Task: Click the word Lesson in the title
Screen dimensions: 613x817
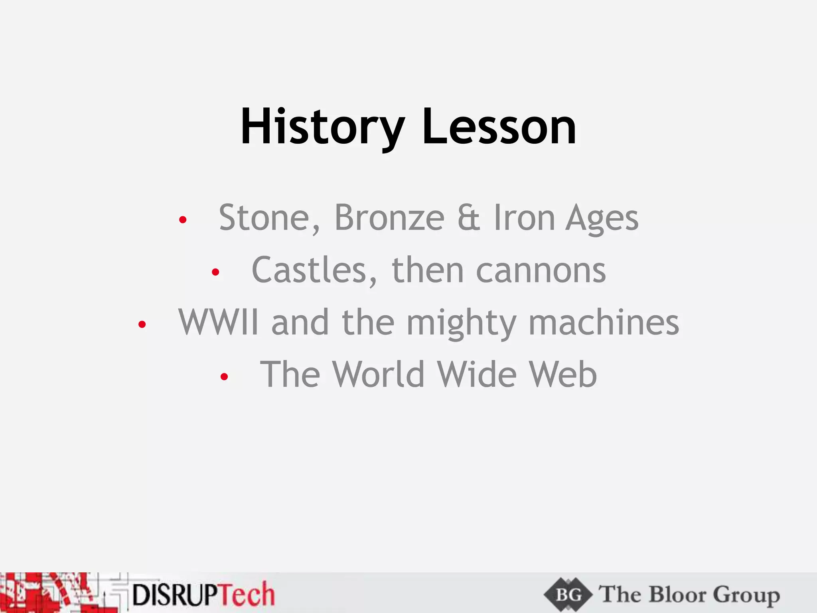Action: pyautogui.click(x=499, y=127)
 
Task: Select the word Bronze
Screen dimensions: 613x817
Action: pyautogui.click(x=389, y=218)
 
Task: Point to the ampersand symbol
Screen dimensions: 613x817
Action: pyautogui.click(x=469, y=218)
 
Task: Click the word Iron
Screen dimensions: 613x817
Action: pyautogui.click(x=525, y=218)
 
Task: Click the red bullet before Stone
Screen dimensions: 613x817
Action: pyautogui.click(x=183, y=219)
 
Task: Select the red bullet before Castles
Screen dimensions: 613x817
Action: pyautogui.click(x=215, y=272)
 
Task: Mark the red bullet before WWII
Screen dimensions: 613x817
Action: pyautogui.click(x=142, y=324)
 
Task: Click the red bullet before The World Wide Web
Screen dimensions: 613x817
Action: pyautogui.click(x=224, y=376)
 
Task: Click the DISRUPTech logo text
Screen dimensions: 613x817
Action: pyautogui.click(x=203, y=595)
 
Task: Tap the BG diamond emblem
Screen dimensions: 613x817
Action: pyautogui.click(x=568, y=595)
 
